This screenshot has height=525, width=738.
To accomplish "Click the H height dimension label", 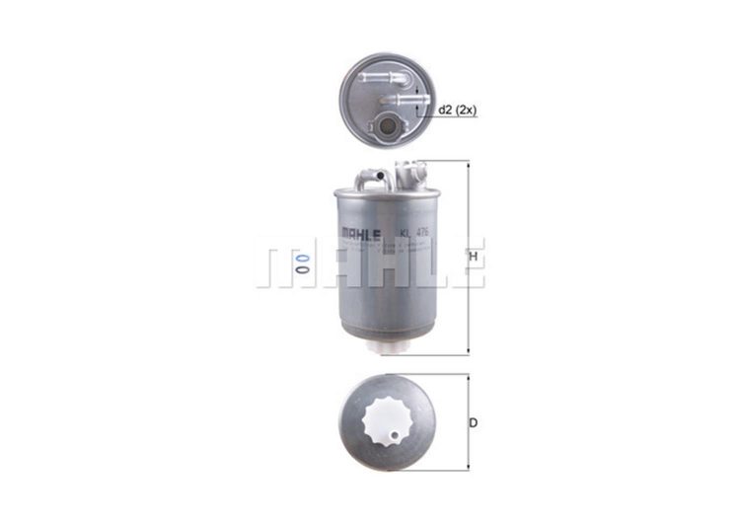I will pos(475,258).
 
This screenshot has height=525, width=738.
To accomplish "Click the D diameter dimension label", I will pos(474,423).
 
